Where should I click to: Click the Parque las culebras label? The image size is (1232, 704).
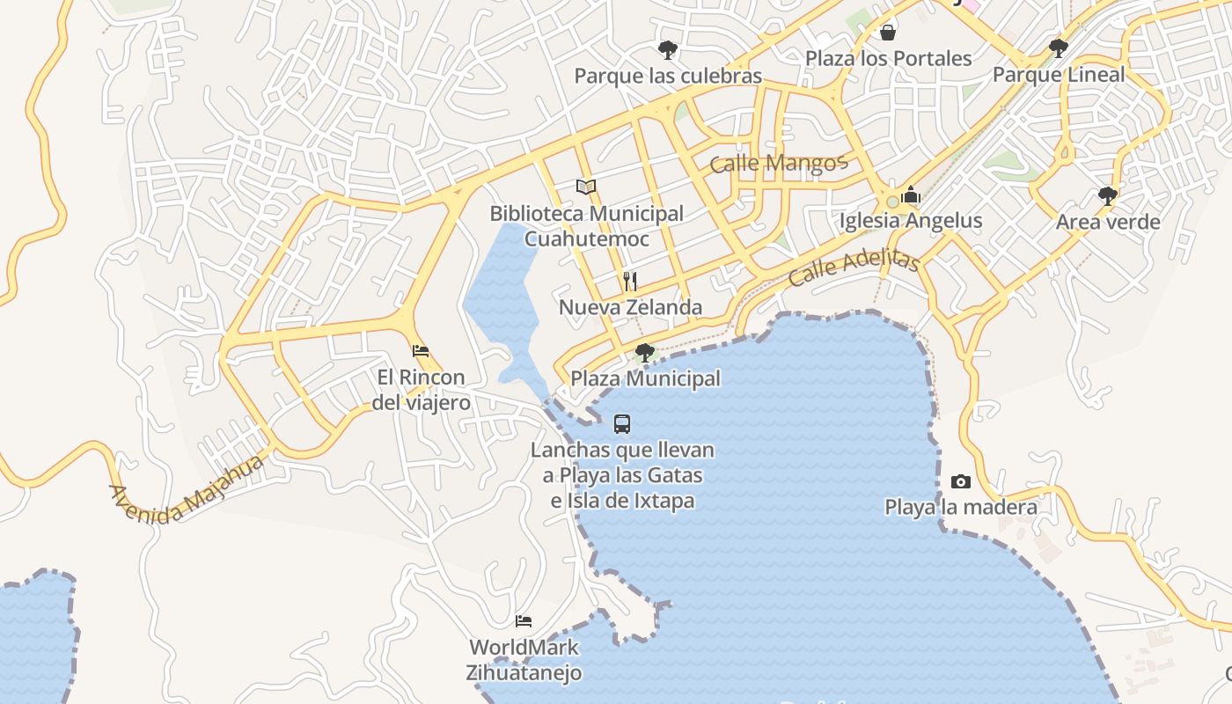668,77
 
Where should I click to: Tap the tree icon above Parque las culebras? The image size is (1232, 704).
668,49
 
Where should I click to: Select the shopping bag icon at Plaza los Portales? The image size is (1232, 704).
888,33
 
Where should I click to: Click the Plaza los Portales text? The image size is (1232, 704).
889,59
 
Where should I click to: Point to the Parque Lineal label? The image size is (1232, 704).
1059,75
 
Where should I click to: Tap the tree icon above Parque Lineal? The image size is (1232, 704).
1059,48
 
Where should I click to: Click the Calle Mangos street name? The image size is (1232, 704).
778,163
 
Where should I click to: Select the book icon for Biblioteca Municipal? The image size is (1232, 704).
586,187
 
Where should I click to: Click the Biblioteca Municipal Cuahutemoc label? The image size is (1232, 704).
586,226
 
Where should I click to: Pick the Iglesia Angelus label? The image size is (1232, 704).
911,221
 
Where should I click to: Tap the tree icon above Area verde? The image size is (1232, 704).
1108,195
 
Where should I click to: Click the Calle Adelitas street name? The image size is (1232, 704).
854,268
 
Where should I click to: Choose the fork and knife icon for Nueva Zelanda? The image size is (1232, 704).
630,281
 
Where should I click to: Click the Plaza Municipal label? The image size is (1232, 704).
646,379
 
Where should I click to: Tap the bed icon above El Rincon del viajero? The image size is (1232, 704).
421,350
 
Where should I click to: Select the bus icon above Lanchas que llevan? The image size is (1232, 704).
622,424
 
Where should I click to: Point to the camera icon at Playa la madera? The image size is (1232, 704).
961,481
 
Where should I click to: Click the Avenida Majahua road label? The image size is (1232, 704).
187,490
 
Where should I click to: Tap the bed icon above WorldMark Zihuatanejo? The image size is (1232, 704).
524,621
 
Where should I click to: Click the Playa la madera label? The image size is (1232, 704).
961,508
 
